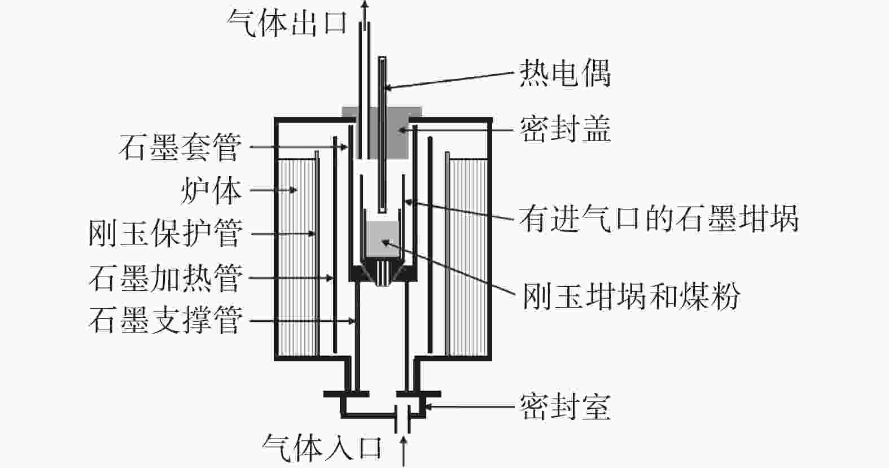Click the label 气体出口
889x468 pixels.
(287, 23)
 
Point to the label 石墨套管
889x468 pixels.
(180, 147)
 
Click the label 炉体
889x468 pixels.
(211, 190)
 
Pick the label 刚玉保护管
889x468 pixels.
(165, 233)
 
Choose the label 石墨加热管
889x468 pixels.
(165, 278)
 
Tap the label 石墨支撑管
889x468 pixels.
(165, 321)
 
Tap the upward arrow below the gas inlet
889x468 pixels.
(404, 452)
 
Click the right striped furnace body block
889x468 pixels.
(467, 257)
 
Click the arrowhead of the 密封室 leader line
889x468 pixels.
(426, 406)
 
